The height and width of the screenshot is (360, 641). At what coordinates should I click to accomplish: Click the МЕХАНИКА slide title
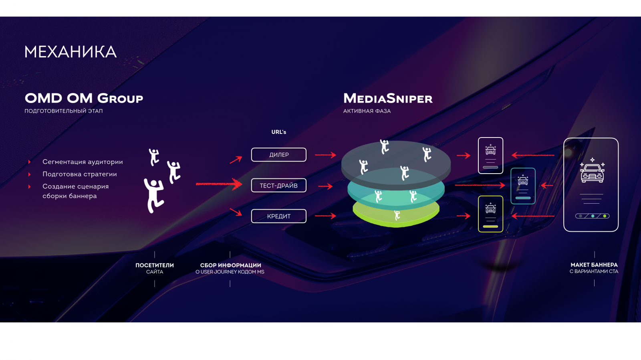click(71, 52)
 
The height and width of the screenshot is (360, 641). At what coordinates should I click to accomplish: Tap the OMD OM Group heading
click(84, 98)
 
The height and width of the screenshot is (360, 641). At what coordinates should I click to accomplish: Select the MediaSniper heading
click(388, 98)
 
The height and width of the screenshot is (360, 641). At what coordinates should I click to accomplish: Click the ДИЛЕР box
click(279, 155)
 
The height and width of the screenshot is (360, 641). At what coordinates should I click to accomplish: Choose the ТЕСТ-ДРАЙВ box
click(279, 186)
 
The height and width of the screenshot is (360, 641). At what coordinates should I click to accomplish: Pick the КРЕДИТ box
click(279, 216)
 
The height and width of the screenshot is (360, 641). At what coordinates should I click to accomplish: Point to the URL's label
click(279, 132)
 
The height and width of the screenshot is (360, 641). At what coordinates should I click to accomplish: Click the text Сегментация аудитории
click(83, 162)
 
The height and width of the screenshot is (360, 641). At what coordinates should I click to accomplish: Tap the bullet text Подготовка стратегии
click(80, 174)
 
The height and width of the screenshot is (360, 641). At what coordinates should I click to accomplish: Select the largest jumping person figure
click(154, 195)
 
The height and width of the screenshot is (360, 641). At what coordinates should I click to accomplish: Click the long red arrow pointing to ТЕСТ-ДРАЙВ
click(219, 184)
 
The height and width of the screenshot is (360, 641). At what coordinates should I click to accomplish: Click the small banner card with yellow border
click(491, 214)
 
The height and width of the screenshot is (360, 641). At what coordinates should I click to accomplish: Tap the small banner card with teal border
click(523, 186)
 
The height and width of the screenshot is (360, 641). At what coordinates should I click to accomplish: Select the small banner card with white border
click(491, 156)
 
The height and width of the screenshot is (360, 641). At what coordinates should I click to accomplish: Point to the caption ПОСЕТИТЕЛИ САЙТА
click(155, 268)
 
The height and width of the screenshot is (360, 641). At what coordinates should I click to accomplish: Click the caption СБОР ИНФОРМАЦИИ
click(230, 265)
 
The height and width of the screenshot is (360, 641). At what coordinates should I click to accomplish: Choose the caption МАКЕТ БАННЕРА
click(594, 265)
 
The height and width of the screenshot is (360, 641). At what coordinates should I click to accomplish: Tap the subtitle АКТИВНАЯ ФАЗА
click(367, 111)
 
